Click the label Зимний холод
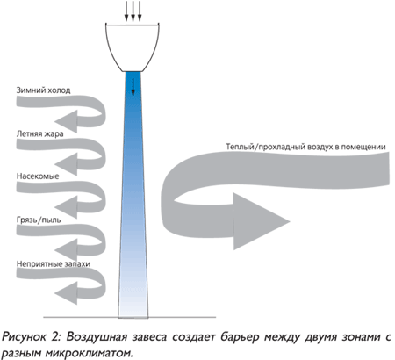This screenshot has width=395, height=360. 43,90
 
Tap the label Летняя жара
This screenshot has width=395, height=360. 39,133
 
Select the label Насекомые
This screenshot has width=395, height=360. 38,176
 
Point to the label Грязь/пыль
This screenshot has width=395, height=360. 39,220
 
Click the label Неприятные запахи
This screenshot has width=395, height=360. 54,263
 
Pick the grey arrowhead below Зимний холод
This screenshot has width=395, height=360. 66,121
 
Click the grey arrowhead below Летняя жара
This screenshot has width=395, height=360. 66,164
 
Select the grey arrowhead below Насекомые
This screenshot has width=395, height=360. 66,207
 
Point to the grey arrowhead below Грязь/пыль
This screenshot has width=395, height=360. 66,250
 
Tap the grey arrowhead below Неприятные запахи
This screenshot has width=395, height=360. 66,293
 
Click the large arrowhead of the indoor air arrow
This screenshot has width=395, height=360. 257,221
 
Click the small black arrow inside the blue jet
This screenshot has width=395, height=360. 133,87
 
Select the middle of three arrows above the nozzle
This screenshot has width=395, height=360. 133,11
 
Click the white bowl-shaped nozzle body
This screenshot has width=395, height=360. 133,47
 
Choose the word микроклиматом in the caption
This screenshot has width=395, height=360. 87,353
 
